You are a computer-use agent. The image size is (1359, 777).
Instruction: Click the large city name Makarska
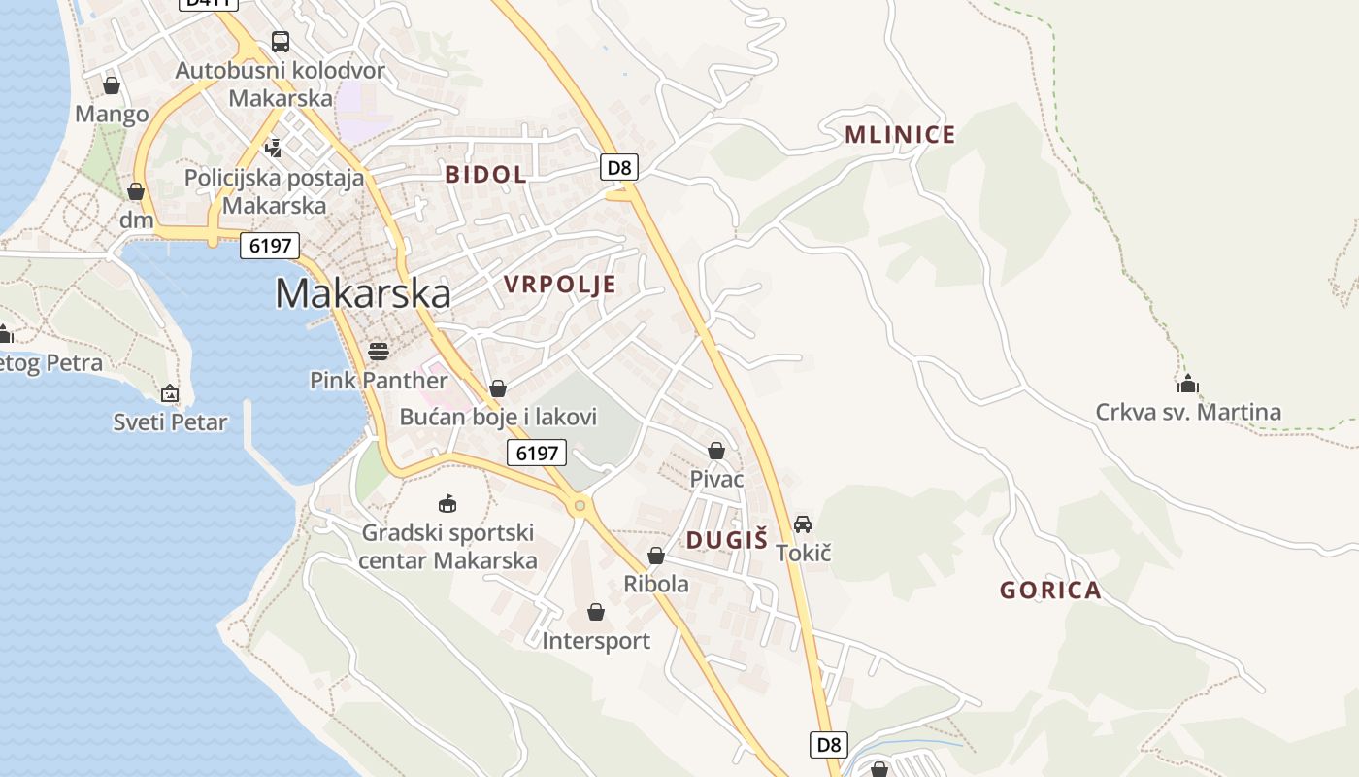point(363,293)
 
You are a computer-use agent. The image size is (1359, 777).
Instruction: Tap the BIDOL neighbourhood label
point(485,175)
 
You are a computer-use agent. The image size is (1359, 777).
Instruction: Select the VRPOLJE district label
point(560,284)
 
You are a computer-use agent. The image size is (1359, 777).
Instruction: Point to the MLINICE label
point(900,134)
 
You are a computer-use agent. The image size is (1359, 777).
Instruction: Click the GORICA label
point(1050,590)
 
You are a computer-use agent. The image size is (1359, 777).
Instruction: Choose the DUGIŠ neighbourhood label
point(727,540)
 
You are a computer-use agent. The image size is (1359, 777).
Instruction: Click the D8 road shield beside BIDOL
point(619,167)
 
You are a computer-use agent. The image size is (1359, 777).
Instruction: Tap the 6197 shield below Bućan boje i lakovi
point(537,452)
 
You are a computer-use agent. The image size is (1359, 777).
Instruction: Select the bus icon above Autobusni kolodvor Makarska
point(280,42)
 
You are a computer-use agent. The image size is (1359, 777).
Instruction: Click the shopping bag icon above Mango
point(112,85)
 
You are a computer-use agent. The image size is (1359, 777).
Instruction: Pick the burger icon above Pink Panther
point(379,351)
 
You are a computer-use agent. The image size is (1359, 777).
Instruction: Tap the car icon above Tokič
point(803,524)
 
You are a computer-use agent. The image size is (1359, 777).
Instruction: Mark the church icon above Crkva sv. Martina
point(1187,384)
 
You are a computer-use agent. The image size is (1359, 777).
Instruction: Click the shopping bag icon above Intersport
point(596,612)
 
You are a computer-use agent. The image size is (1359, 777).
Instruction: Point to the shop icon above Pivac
point(716,451)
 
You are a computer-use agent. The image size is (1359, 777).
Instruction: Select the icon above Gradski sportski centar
point(447,503)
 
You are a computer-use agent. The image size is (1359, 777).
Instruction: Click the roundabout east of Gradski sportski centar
point(580,505)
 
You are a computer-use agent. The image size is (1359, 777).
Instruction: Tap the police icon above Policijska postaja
point(274,149)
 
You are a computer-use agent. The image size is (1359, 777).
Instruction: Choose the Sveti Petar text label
point(170,422)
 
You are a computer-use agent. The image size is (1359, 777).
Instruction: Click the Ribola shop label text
point(656,584)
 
